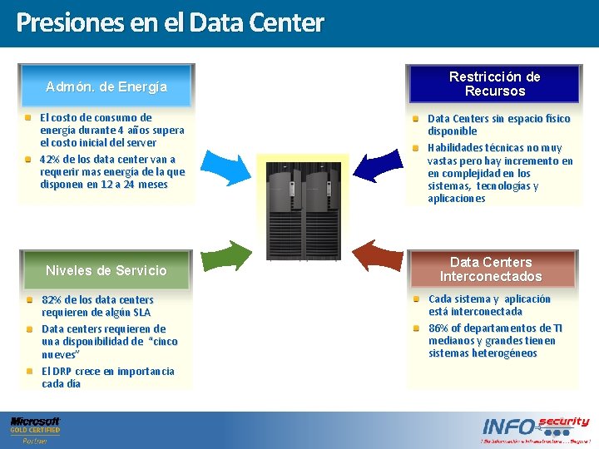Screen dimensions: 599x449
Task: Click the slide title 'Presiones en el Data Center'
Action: click(170, 22)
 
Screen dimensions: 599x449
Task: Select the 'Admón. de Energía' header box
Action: click(106, 86)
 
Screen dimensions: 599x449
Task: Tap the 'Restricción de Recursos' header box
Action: click(494, 84)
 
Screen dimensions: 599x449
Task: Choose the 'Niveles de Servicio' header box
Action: click(106, 270)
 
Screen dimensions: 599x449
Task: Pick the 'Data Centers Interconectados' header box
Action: click(491, 269)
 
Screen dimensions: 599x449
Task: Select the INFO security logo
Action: click(535, 429)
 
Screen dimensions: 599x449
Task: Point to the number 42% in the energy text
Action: click(50, 159)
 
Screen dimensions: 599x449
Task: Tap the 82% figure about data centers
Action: click(52, 299)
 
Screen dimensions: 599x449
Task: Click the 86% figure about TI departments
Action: click(439, 328)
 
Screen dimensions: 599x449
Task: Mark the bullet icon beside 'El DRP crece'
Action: click(30, 371)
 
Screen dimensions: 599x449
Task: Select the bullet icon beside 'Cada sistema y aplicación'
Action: click(416, 299)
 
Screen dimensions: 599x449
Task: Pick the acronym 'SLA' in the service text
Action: click(141, 313)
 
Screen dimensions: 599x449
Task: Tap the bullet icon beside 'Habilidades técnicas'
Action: click(416, 147)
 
